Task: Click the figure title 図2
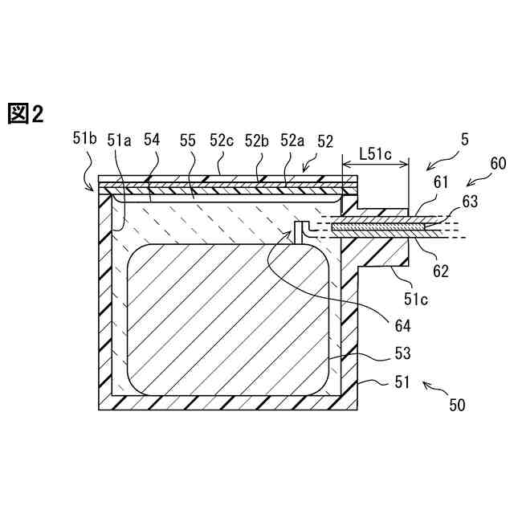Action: point(25,114)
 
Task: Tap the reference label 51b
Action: point(84,139)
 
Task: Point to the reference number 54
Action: point(152,140)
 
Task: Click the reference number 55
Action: point(188,140)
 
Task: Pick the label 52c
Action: point(222,140)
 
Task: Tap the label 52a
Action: point(292,140)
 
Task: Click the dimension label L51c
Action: point(376,153)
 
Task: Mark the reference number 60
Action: point(497,164)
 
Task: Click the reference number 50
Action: point(456,406)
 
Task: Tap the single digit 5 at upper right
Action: point(464,140)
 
